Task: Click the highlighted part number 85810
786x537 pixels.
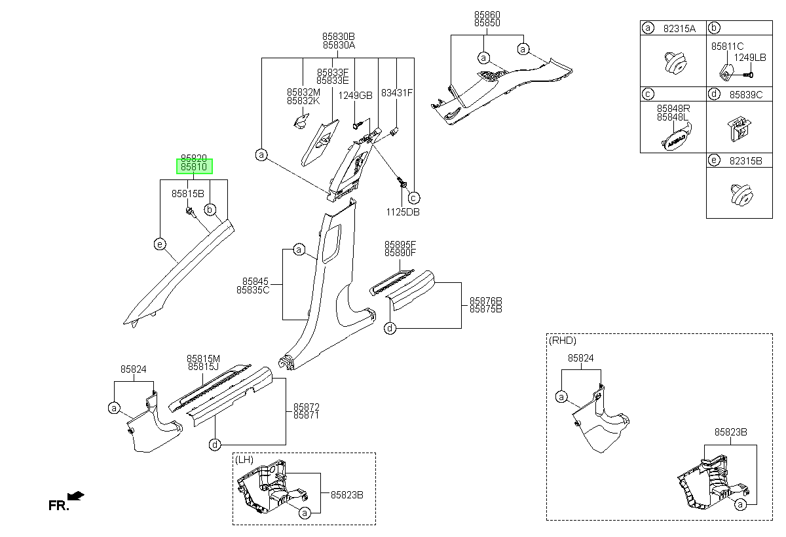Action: (x=194, y=166)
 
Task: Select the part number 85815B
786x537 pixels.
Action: (x=188, y=194)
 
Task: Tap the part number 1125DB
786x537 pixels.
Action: (x=403, y=212)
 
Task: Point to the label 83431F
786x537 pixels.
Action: (x=397, y=93)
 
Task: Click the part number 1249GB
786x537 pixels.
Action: (x=355, y=96)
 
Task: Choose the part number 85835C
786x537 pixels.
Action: (x=253, y=290)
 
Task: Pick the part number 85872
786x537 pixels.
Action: (x=307, y=407)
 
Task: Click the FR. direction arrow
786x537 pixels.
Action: (x=76, y=496)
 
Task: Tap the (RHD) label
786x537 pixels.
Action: (x=563, y=341)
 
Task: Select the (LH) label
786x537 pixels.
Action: (x=244, y=460)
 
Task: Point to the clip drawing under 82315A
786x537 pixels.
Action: (x=675, y=63)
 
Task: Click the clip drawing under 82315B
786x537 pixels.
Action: (x=741, y=195)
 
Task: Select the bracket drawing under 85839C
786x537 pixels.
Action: (x=739, y=129)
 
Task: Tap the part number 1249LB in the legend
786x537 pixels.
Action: (x=750, y=58)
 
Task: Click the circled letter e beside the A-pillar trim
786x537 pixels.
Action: (x=160, y=244)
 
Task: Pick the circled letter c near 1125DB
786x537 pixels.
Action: (x=414, y=198)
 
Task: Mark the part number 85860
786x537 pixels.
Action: (x=487, y=14)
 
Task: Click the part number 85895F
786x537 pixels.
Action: (x=400, y=244)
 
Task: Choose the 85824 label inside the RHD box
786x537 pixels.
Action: (x=581, y=358)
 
